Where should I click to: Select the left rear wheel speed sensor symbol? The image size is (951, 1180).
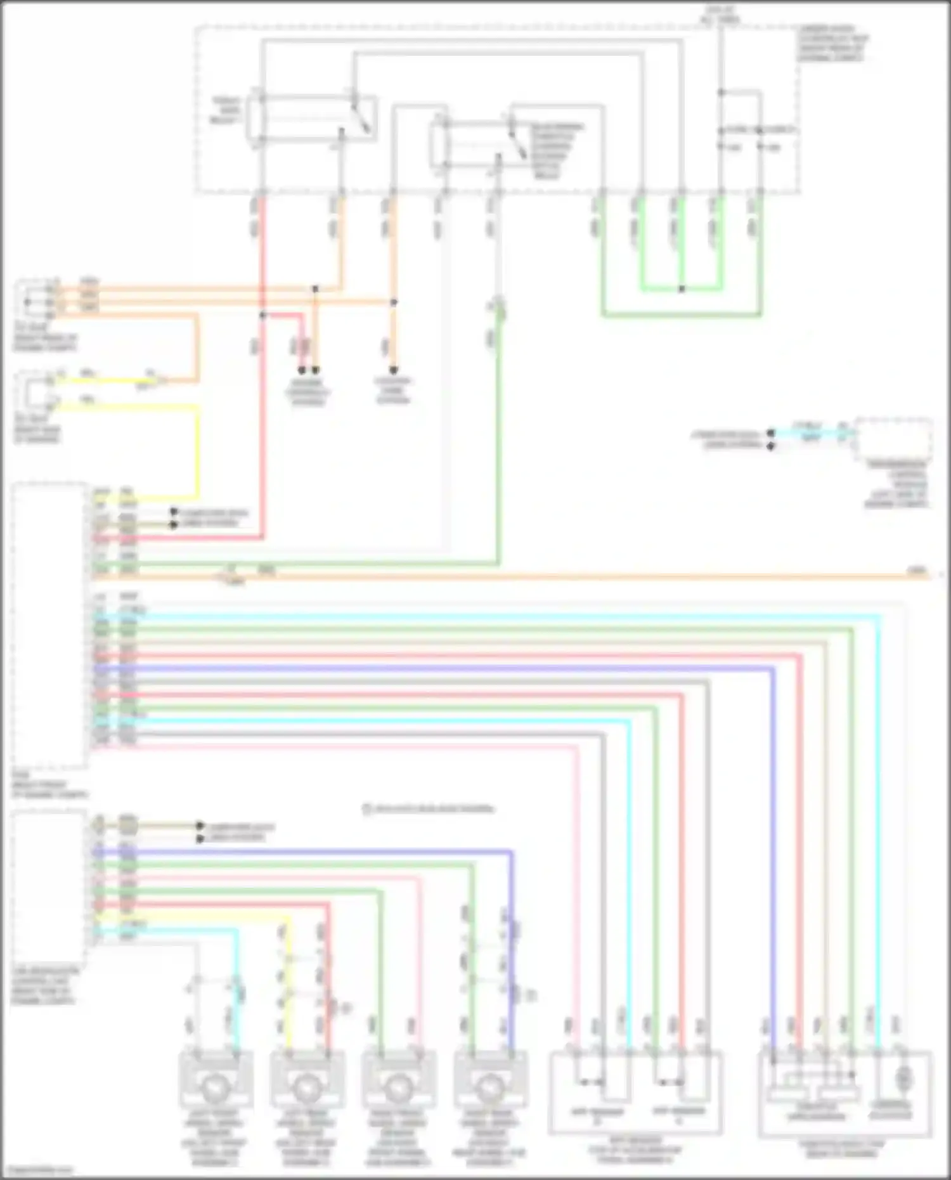(307, 1087)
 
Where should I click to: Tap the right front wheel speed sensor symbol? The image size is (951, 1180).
(398, 1087)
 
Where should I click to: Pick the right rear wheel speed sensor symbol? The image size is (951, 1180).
(489, 1087)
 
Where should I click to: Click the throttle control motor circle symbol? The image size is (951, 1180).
(905, 1077)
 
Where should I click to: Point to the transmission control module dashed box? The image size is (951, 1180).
(893, 439)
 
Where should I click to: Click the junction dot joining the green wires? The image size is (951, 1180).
(682, 289)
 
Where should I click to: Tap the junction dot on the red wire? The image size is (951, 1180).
(262, 315)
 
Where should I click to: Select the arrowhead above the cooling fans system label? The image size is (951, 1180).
(393, 370)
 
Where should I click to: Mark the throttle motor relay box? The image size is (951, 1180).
(311, 118)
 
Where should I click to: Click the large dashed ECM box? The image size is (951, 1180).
(49, 625)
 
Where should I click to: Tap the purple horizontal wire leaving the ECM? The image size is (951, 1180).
(444, 669)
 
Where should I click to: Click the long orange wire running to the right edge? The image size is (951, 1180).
(571, 576)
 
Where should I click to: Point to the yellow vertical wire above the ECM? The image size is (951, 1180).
(197, 450)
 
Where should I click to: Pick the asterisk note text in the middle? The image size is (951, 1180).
(428, 808)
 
